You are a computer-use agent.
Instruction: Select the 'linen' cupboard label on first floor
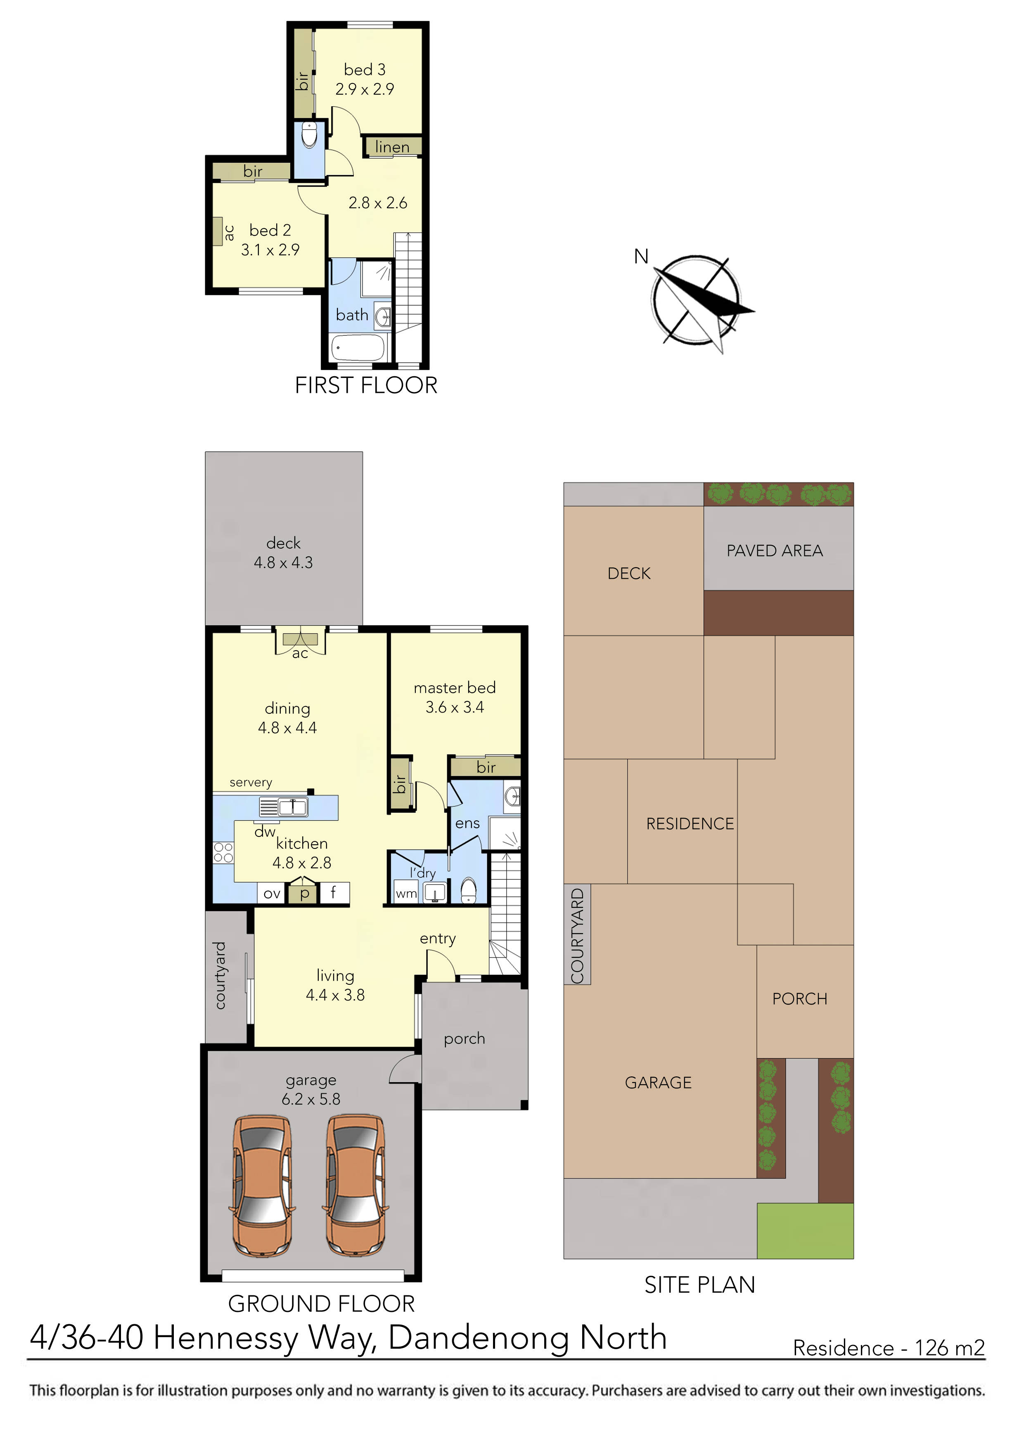(x=392, y=147)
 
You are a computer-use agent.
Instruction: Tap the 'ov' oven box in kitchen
(x=272, y=893)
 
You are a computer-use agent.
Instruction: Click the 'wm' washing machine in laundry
(x=406, y=893)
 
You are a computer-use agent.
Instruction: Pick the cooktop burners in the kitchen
(x=223, y=853)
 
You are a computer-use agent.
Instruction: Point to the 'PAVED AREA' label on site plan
(x=774, y=551)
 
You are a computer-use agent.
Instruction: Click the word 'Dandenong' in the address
(x=478, y=1337)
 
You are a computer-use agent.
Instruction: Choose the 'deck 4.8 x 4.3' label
(x=283, y=552)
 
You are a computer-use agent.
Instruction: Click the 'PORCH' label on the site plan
(x=799, y=999)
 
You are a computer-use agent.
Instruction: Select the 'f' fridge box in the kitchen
(x=334, y=892)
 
